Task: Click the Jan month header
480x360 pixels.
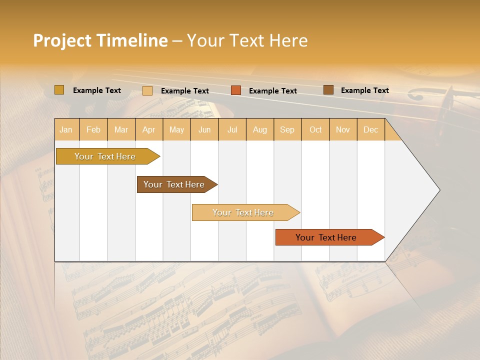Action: pos(66,129)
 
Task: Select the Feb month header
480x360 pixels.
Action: pos(93,129)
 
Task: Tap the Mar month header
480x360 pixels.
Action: pos(121,129)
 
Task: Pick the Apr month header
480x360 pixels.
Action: pos(149,129)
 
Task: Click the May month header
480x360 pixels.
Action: pos(176,129)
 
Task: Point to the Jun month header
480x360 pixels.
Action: pos(204,129)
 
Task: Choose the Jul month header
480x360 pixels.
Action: pos(232,129)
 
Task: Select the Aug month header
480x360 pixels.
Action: pos(260,129)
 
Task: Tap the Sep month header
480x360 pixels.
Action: pos(287,129)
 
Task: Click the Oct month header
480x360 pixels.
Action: pos(315,129)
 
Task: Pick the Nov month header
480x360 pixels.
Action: pos(343,129)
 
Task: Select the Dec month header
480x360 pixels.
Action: pos(371,129)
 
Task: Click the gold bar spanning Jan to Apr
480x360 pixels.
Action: pos(105,156)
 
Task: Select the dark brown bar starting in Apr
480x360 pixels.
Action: pos(174,184)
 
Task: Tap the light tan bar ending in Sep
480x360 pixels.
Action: pos(243,212)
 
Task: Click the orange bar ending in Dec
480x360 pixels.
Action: pos(326,237)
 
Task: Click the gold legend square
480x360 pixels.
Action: pos(59,90)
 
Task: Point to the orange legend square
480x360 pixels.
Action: pos(236,90)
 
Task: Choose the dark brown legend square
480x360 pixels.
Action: pos(328,90)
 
